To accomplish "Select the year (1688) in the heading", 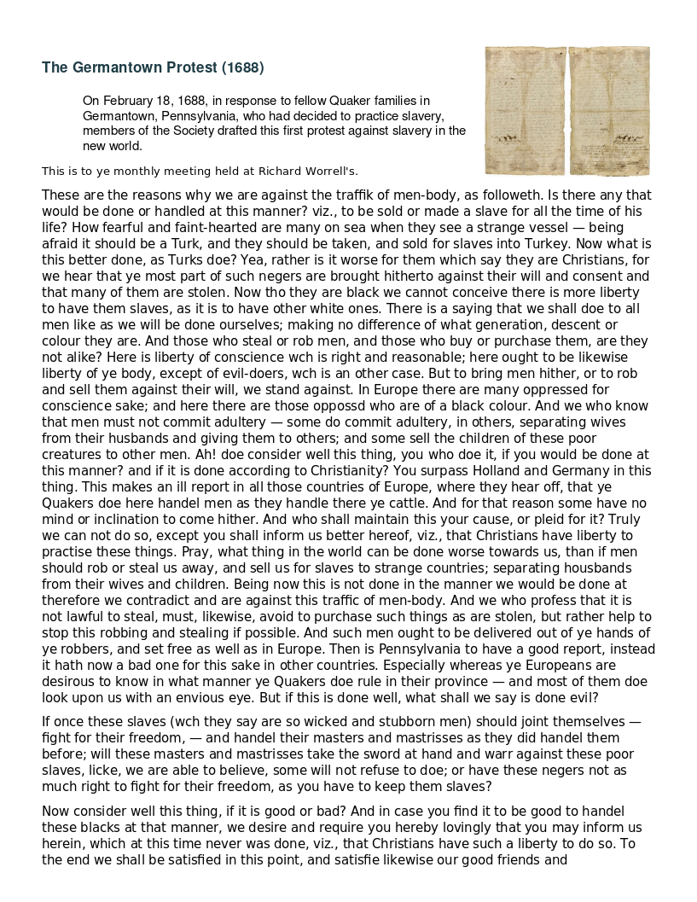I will (242, 67).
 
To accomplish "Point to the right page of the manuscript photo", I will (608, 109).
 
